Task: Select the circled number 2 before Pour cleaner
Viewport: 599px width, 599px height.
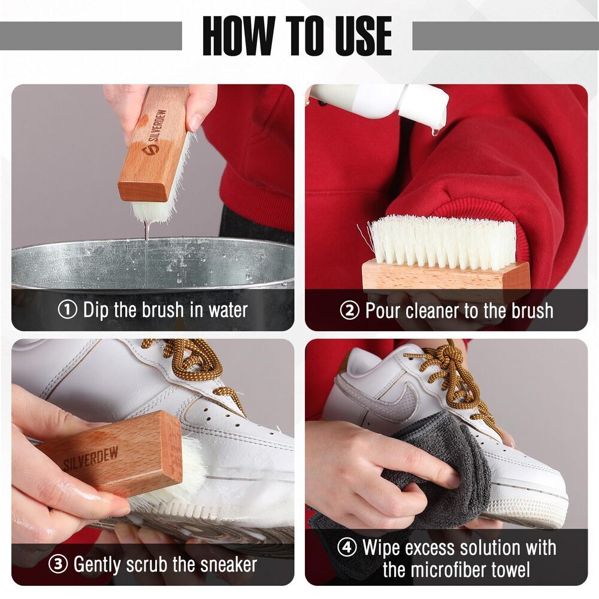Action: click(350, 311)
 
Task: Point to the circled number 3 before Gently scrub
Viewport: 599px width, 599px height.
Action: click(59, 564)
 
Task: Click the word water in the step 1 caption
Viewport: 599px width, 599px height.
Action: click(228, 310)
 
